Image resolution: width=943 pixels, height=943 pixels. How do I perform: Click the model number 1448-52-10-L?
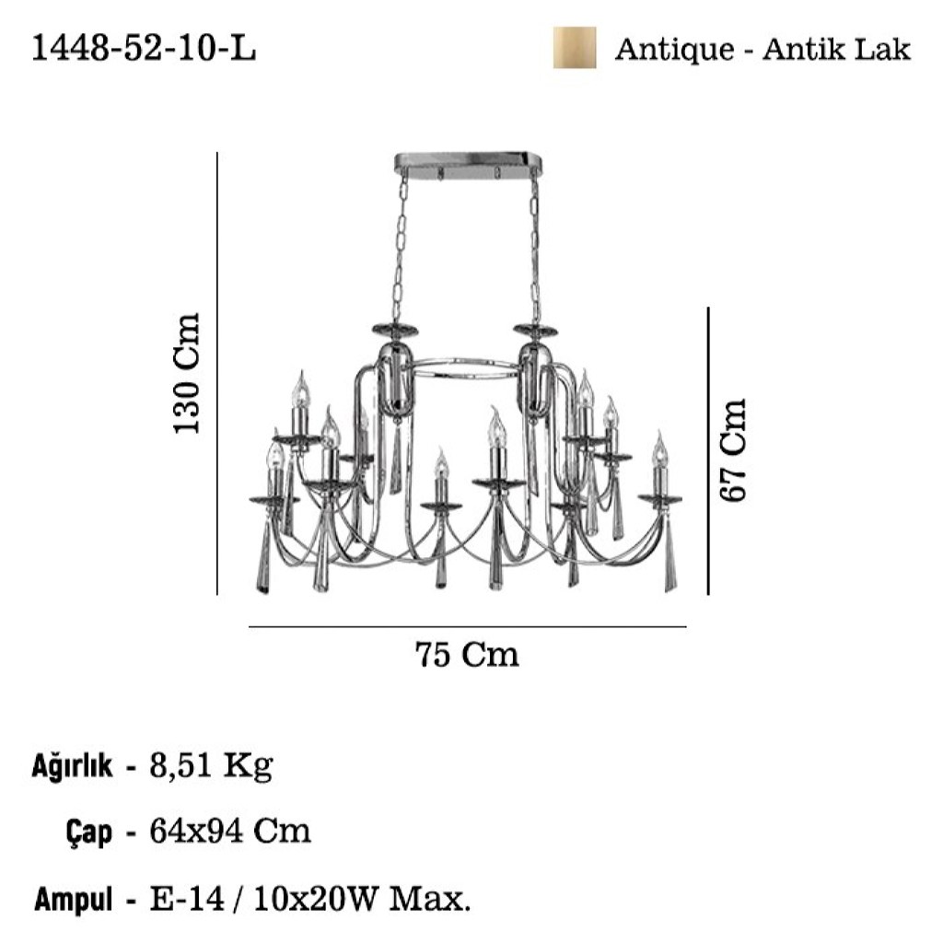[143, 48]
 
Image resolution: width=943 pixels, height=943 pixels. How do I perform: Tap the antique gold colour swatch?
[575, 48]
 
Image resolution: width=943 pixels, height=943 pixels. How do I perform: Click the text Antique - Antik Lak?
[763, 49]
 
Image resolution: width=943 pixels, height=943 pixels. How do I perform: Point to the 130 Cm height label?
[186, 373]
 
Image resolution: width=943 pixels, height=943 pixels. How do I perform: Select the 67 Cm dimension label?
[733, 449]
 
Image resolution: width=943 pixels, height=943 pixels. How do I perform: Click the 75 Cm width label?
[467, 655]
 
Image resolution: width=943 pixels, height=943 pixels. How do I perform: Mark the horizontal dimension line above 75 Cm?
[468, 627]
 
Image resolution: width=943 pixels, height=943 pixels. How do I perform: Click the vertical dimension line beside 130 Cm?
[217, 374]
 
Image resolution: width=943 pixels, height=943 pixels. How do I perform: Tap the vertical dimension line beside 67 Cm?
[708, 451]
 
